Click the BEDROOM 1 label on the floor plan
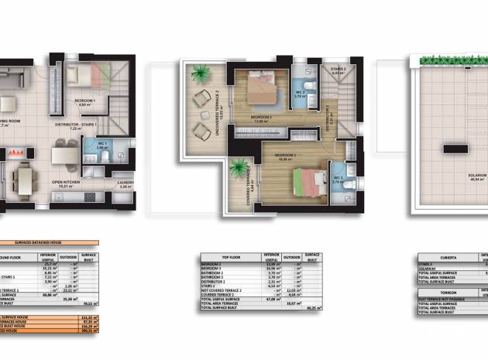84,101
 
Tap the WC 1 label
101,144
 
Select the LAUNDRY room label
126,183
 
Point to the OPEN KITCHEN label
68,183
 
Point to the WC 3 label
338,180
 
